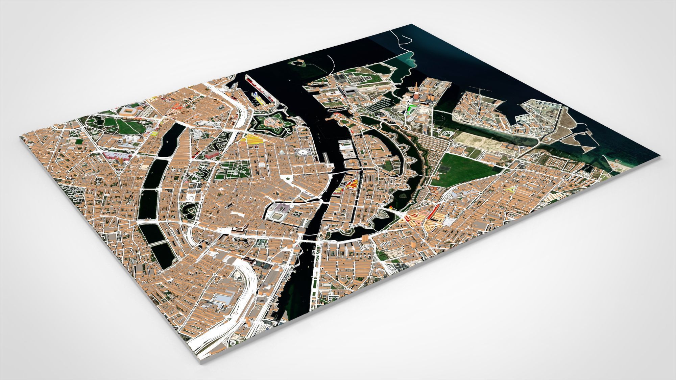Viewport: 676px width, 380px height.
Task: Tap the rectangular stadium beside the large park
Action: tap(128, 111)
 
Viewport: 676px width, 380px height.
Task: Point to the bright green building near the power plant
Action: tap(411, 108)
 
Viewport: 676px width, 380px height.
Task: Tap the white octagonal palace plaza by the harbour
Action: tap(301, 153)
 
